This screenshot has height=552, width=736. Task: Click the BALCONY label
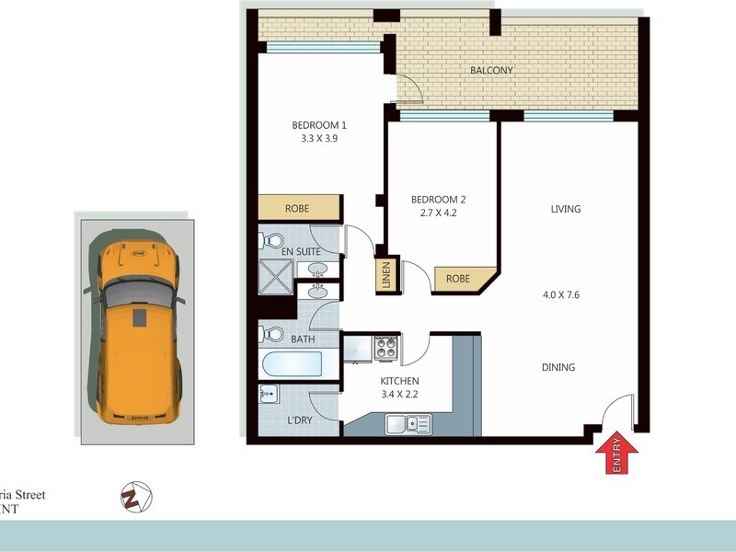[x=491, y=71]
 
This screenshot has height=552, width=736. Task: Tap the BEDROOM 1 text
[x=319, y=125]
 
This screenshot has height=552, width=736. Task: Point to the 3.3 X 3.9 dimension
[x=319, y=140]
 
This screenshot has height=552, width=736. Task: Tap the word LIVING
[x=566, y=209]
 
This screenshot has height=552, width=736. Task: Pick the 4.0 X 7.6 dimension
[x=561, y=295]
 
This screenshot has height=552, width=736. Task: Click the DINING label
[x=558, y=367]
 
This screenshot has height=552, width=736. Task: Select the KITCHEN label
[x=400, y=381]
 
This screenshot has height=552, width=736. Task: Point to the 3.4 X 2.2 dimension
[x=400, y=396]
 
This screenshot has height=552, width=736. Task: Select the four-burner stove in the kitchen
[x=385, y=349]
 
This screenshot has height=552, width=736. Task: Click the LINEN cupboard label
[x=386, y=276]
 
